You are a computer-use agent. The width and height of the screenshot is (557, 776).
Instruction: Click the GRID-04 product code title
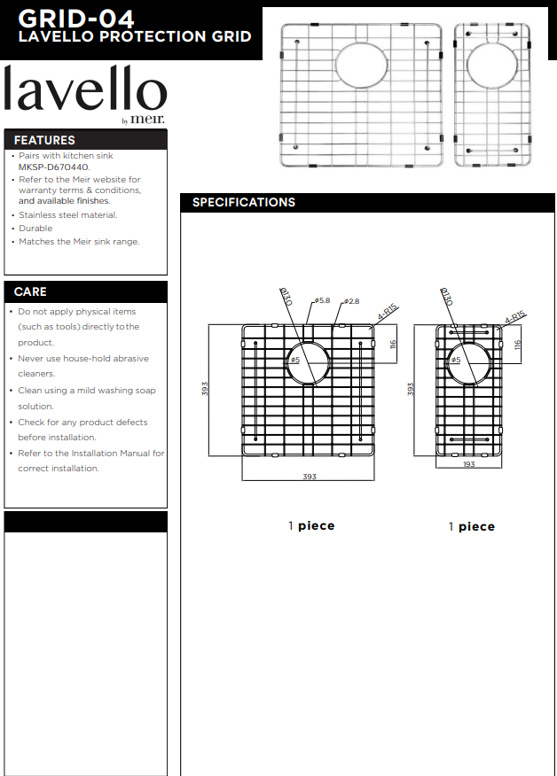tap(76, 18)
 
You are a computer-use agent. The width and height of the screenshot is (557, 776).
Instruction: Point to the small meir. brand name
tap(147, 120)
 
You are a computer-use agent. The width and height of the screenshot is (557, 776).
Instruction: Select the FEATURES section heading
tap(44, 140)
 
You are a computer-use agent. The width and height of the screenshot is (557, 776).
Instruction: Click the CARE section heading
tap(30, 291)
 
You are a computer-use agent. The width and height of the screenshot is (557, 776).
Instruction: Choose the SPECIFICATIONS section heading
tap(244, 202)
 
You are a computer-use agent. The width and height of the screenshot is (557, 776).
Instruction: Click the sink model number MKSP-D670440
tap(54, 167)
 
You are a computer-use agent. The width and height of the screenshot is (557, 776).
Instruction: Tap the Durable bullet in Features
tap(35, 228)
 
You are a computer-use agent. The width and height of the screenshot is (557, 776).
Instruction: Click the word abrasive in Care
tap(129, 359)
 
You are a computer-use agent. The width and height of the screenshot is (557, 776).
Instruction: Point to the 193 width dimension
tap(468, 464)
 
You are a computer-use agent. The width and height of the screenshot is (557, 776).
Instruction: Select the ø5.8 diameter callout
tap(321, 301)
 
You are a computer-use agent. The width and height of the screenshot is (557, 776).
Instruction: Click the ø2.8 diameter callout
tap(351, 302)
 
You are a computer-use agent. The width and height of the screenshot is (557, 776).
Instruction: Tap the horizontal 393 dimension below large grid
tap(309, 477)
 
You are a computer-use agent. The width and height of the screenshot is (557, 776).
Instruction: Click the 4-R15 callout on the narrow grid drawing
tap(515, 316)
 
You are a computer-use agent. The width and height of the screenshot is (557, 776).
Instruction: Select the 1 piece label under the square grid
tap(311, 525)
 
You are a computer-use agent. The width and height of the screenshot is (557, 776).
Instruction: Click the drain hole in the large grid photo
tap(360, 63)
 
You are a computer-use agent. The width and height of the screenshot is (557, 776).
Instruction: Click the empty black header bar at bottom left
tap(85, 522)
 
